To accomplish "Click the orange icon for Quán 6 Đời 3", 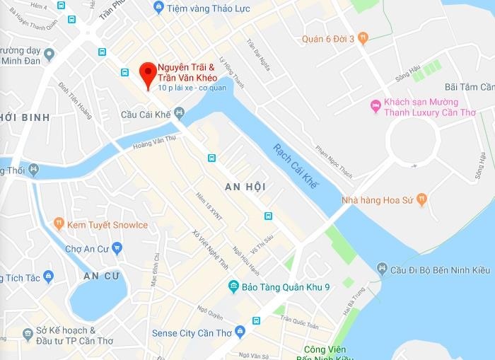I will (x=363, y=38).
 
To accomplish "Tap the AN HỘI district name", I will (x=245, y=187).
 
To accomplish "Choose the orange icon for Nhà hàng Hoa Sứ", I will (x=422, y=199).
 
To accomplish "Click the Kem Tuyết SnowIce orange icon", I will (x=59, y=225).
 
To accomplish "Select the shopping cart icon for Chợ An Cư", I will (x=117, y=248).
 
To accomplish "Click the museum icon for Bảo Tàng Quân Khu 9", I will (x=234, y=286).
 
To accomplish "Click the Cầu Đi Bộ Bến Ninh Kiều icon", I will (x=382, y=268).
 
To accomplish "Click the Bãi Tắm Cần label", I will (x=467, y=87).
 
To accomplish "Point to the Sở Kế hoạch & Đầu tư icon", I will (x=28, y=332).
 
